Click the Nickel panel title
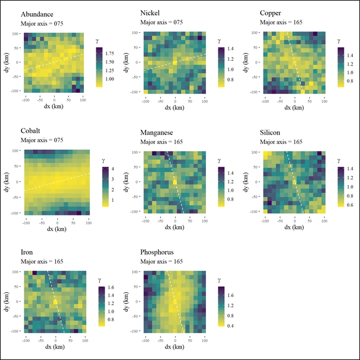click(x=151, y=14)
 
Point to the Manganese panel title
click(x=159, y=133)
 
